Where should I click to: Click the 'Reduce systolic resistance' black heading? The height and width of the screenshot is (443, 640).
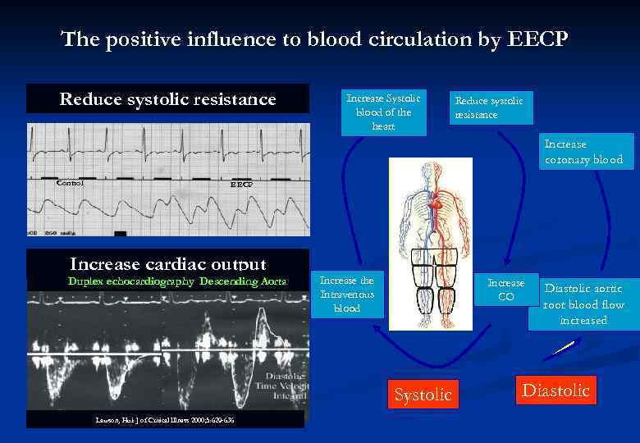coord(167,99)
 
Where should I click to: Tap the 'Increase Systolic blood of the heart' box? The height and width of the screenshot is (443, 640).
coord(383,112)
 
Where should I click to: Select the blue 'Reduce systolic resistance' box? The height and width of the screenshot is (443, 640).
coord(488,107)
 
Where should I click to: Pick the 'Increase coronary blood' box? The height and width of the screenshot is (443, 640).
coord(583,152)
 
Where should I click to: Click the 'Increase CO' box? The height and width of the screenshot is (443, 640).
coord(506,290)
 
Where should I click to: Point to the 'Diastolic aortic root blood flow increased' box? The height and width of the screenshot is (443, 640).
coord(583,304)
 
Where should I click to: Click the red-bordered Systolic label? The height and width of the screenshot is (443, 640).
coord(423,395)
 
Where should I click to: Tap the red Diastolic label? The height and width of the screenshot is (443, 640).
coord(556,390)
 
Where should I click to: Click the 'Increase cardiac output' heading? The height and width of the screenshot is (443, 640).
coord(167,264)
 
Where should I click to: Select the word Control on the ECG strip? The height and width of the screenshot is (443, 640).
coord(70,183)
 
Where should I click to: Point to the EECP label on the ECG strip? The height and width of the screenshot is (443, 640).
coord(240,185)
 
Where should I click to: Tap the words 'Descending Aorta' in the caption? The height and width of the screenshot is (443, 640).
coord(243,281)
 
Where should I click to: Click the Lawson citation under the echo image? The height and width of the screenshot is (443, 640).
coord(164,420)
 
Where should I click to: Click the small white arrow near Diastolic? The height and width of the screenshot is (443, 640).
coord(562,348)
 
